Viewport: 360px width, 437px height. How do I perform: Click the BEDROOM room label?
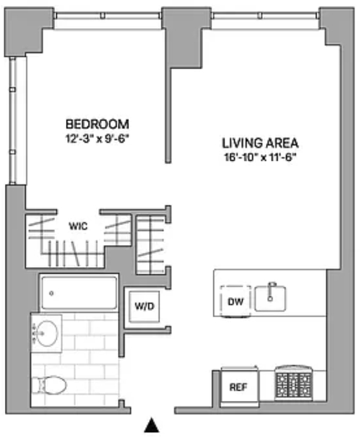pos(97,124)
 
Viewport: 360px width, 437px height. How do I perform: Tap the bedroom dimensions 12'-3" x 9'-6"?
pos(98,139)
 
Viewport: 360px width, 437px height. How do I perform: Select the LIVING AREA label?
pos(260,143)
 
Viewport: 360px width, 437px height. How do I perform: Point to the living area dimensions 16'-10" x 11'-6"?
pos(260,158)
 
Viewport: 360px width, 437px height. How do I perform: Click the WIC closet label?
pos(78,226)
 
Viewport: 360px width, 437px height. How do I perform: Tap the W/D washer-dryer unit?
pos(144,307)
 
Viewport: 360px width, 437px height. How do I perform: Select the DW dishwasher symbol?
pos(235,301)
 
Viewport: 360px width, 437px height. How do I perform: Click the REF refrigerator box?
pos(239,386)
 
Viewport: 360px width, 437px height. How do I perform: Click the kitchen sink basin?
pos(270,298)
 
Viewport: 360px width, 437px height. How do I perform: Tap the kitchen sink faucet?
pos(271,292)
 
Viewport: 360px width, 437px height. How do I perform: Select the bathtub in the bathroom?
pos(79,292)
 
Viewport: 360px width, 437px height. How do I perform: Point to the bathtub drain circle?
pos(51,293)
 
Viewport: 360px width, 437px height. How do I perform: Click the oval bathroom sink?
pos(47,333)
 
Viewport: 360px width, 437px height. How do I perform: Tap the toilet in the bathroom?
pos(49,385)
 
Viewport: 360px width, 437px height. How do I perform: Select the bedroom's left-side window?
pos(13,120)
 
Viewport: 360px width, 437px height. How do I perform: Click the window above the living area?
pos(265,16)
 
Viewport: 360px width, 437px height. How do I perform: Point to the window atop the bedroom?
pos(108,16)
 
